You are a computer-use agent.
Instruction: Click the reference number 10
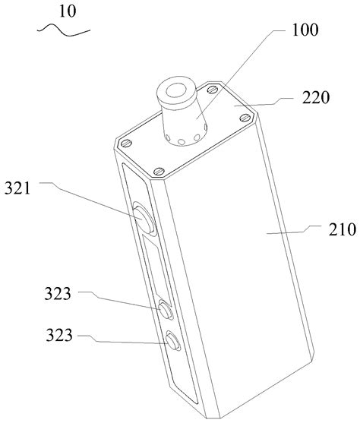pyautogui.click(x=68, y=11)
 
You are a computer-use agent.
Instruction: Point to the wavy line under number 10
pyautogui.click(x=64, y=30)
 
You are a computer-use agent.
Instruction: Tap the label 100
pyautogui.click(x=305, y=30)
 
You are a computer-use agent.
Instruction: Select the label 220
pyautogui.click(x=316, y=98)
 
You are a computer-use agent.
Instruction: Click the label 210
pyautogui.click(x=343, y=230)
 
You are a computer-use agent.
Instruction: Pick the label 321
pyautogui.click(x=17, y=188)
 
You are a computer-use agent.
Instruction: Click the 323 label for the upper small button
pyautogui.click(x=58, y=294)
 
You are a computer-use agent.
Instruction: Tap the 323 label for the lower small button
pyautogui.click(x=59, y=335)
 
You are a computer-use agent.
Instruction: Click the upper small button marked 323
pyautogui.click(x=165, y=309)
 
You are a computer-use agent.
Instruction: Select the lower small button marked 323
pyautogui.click(x=172, y=340)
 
